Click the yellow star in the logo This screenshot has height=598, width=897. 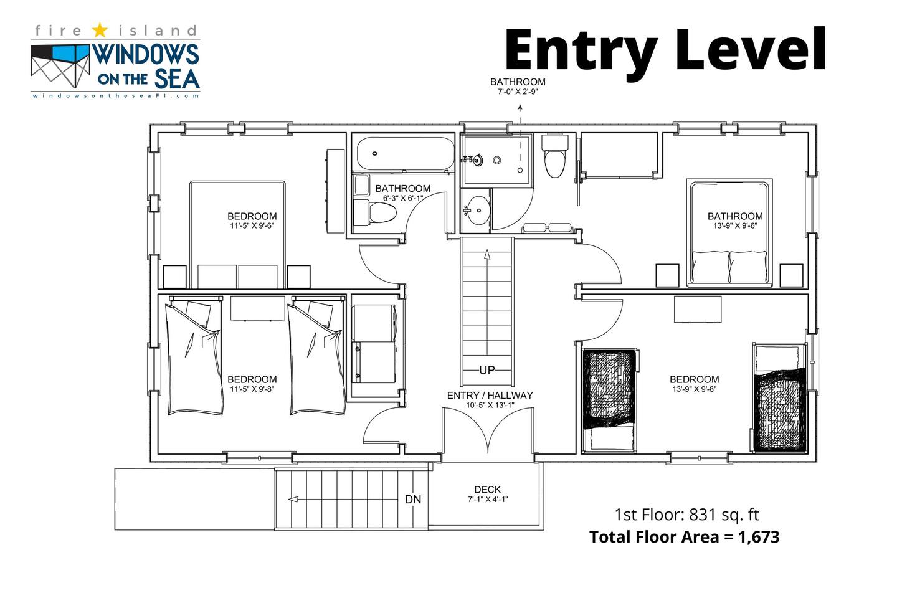100,30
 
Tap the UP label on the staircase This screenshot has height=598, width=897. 487,370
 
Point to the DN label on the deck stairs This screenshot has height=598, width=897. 413,500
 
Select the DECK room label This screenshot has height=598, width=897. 487,490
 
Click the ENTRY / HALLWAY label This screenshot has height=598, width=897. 490,396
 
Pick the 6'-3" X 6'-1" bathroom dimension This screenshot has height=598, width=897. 403,198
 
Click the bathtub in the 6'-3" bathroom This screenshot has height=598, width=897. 406,154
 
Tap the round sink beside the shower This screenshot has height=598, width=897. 477,211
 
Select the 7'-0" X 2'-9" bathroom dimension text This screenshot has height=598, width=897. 518,92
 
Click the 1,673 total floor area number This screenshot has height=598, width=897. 759,537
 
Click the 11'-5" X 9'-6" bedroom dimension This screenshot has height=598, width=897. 252,226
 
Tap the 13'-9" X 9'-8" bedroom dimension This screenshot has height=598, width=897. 695,389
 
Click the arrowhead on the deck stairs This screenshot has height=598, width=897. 293,500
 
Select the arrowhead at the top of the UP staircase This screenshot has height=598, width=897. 487,254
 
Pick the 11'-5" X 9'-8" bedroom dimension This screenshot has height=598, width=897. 252,389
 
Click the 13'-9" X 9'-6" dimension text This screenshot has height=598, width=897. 735,226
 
